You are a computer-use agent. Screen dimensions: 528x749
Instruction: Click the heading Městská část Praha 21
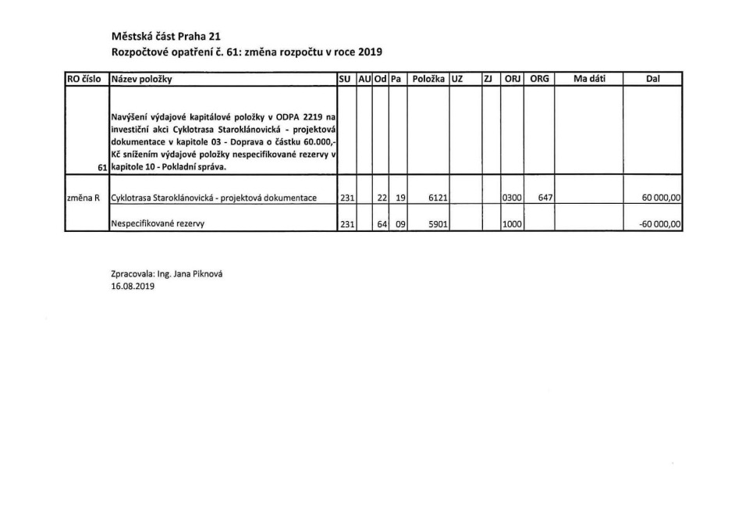click(161, 36)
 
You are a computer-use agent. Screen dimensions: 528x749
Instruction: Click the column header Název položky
click(142, 79)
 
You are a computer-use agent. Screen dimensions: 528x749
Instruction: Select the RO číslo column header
click(87, 79)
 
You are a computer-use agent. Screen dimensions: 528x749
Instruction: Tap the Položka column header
click(428, 79)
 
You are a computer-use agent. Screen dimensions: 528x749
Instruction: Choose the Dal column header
click(653, 79)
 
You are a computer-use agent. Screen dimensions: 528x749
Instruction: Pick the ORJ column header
click(512, 79)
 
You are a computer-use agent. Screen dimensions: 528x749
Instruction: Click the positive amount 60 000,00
click(661, 198)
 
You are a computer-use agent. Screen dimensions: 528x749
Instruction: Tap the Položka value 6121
click(438, 198)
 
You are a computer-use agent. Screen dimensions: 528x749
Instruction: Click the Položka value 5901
click(438, 224)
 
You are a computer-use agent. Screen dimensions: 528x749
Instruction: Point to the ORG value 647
click(545, 198)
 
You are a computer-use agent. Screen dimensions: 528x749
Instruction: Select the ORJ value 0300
click(512, 198)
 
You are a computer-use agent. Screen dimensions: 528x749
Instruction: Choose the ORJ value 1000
click(512, 224)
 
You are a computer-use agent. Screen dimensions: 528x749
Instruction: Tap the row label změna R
click(83, 198)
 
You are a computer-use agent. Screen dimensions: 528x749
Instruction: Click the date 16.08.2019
click(133, 287)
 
